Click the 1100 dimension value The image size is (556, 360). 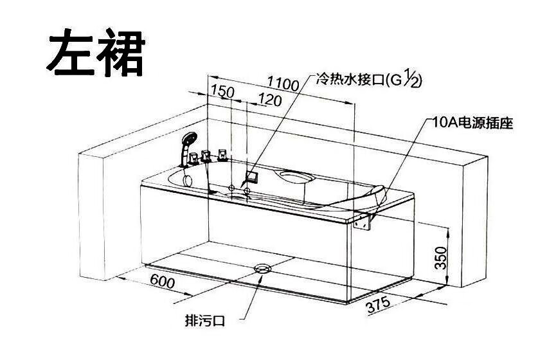(x=283, y=84)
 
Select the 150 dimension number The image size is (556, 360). (x=222, y=91)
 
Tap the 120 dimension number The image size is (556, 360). (x=270, y=100)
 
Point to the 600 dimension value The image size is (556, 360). (x=163, y=282)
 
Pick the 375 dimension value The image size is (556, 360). (x=379, y=305)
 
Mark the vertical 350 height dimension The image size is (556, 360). (x=440, y=258)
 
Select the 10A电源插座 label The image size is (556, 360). (x=472, y=123)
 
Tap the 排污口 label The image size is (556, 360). (x=205, y=321)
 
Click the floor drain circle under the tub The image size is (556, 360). (x=263, y=268)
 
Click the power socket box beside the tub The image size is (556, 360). (x=363, y=222)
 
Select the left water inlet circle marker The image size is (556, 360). (x=231, y=188)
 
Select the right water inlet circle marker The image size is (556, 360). (x=247, y=190)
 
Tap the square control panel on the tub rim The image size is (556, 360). (x=252, y=176)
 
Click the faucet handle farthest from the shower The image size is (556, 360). (x=223, y=155)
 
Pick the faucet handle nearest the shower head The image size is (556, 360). (x=193, y=158)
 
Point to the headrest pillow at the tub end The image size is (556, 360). (x=377, y=195)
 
